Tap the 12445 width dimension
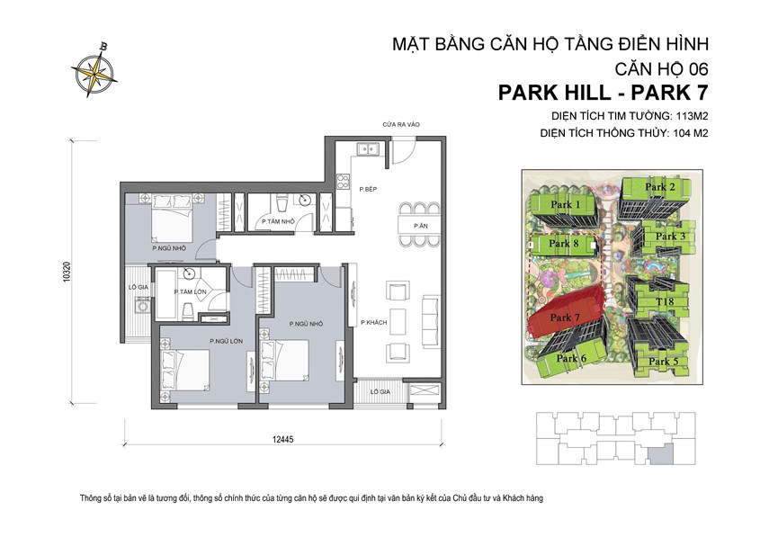click(286, 439)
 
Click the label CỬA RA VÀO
click(400, 125)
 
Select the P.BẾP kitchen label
click(366, 190)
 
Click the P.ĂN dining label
click(420, 225)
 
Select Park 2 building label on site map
click(661, 186)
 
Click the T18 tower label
click(665, 302)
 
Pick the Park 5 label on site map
click(662, 361)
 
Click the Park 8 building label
click(564, 243)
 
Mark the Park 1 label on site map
click(567, 204)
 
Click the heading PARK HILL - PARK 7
click(603, 93)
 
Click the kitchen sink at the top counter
click(366, 150)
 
